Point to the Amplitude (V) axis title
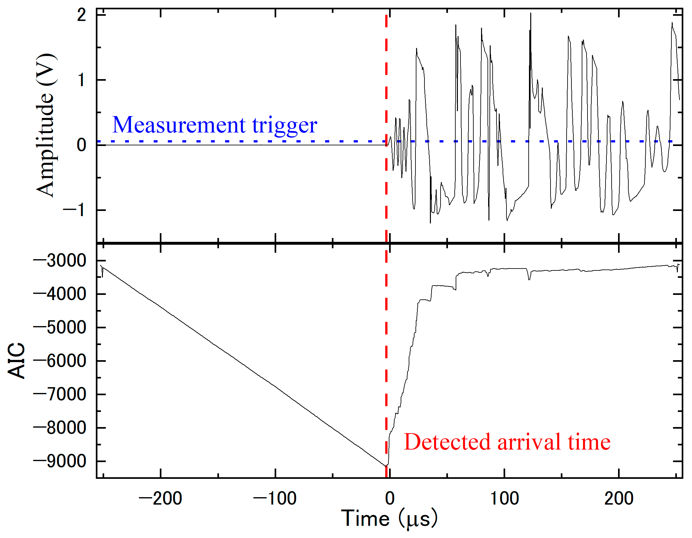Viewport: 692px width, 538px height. (x=45, y=125)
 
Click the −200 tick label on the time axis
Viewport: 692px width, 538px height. (x=160, y=498)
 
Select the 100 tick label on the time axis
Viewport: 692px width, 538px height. (x=504, y=498)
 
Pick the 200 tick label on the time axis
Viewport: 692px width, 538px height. (x=619, y=498)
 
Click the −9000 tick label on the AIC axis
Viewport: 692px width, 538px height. (x=60, y=461)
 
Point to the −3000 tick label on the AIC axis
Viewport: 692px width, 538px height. (x=60, y=260)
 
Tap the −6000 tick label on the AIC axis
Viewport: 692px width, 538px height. (x=60, y=361)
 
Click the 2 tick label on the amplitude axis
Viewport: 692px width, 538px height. (x=82, y=15)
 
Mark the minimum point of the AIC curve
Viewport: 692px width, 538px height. (x=386, y=465)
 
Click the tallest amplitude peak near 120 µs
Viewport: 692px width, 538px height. (x=531, y=14)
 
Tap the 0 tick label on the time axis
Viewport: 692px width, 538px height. (x=389, y=498)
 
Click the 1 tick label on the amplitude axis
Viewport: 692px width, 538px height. (x=82, y=80)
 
